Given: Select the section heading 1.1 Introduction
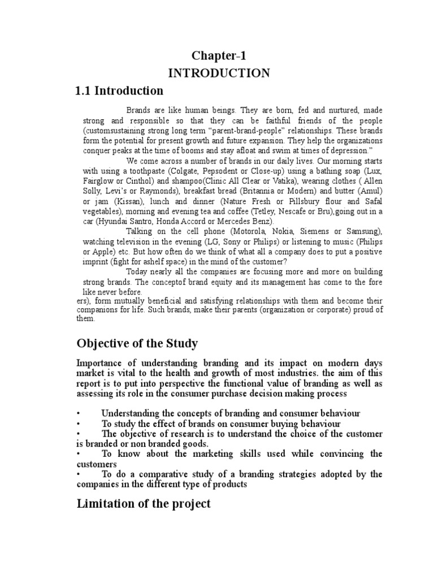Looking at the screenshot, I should (119, 90).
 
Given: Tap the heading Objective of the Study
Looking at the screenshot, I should (137, 343).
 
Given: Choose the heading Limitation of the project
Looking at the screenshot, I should (144, 503).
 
